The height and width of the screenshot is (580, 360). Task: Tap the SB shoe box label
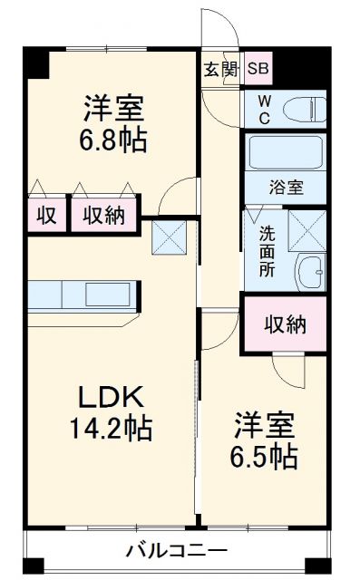[258, 69]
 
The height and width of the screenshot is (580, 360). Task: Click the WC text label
[263, 109]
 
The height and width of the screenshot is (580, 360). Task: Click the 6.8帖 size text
[112, 140]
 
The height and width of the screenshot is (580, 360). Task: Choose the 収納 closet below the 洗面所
[285, 324]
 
